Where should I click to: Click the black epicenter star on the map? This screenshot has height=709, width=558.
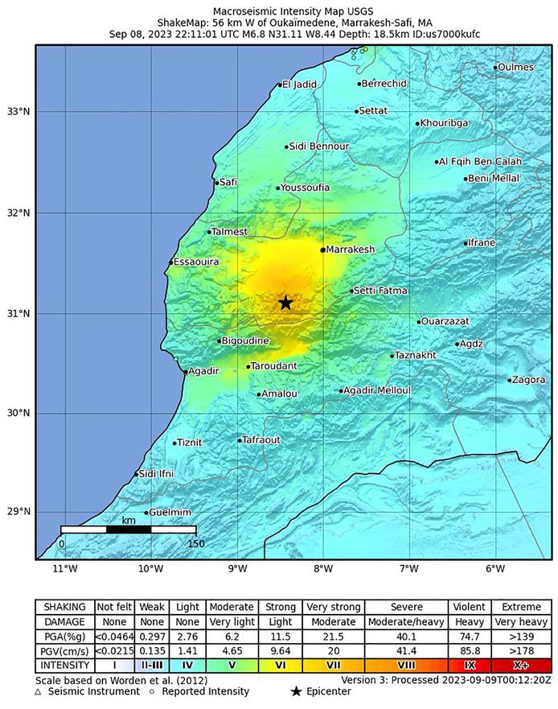tap(285, 303)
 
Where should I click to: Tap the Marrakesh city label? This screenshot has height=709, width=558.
tap(351, 250)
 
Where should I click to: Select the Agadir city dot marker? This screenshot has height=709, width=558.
tap(186, 372)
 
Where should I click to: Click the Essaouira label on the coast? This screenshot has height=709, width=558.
tap(197, 262)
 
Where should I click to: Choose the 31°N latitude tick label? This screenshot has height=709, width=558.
tap(17, 313)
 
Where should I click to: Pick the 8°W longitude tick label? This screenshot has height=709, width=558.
tap(323, 571)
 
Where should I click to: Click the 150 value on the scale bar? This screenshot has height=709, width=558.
tap(195, 543)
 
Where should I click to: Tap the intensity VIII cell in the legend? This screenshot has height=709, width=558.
tap(407, 666)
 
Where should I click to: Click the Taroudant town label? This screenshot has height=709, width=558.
tap(274, 366)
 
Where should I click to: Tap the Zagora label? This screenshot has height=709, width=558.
tap(528, 380)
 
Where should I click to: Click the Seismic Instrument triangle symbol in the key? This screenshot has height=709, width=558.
tap(38, 691)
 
